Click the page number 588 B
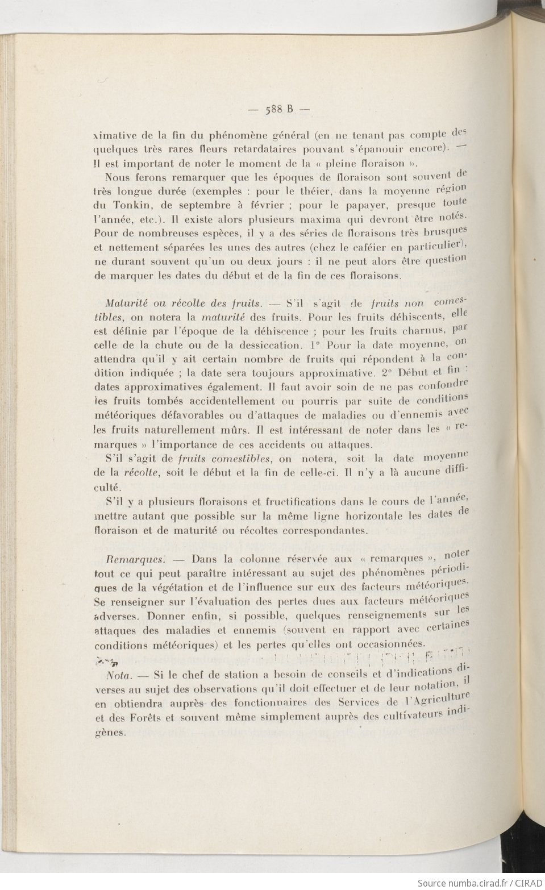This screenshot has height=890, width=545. tap(278, 110)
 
